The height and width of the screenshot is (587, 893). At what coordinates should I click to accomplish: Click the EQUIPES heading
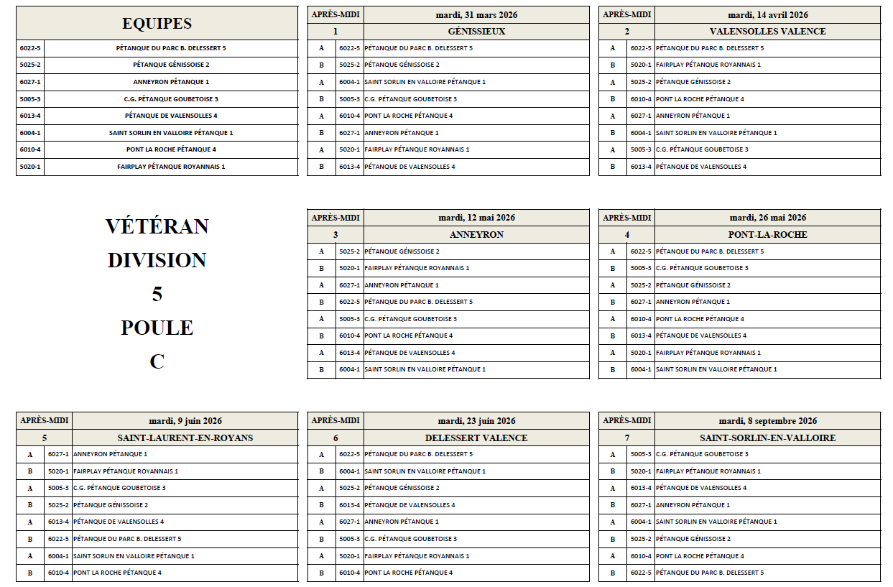tap(157, 23)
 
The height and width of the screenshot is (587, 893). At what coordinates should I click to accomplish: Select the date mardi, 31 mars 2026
tap(476, 15)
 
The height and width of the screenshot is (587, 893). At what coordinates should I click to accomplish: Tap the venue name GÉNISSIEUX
tap(476, 32)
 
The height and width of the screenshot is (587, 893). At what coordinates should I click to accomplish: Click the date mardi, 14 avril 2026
tap(767, 15)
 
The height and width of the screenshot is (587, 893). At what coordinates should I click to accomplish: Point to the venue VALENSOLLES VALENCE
tap(767, 32)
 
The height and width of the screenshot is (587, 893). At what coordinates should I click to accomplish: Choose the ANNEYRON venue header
tap(476, 235)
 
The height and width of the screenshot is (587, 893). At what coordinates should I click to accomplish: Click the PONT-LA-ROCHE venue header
tap(767, 235)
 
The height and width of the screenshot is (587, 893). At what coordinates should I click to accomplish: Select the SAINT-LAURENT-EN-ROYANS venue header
tap(185, 438)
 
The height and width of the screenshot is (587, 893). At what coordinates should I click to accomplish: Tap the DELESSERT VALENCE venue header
tap(476, 438)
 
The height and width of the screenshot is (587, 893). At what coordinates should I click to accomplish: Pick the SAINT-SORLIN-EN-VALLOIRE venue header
tap(767, 438)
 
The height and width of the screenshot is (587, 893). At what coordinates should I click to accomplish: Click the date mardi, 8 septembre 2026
tap(767, 421)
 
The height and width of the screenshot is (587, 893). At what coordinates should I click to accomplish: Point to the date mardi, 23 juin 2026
tap(476, 421)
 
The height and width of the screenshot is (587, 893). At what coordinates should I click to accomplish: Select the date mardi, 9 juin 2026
tap(185, 421)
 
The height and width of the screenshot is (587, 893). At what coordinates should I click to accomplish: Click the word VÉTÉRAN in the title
tap(157, 226)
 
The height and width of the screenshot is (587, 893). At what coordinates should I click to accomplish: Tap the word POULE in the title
tap(157, 328)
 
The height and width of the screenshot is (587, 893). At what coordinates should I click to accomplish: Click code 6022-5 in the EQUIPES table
tap(30, 48)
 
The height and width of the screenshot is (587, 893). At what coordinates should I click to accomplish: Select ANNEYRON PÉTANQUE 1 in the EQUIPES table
tap(171, 82)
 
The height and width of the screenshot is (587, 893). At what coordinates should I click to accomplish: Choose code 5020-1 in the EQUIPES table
tap(30, 167)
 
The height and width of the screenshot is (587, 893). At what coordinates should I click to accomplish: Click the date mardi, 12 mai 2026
tap(476, 218)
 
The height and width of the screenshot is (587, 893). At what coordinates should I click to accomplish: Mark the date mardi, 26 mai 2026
tap(767, 218)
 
